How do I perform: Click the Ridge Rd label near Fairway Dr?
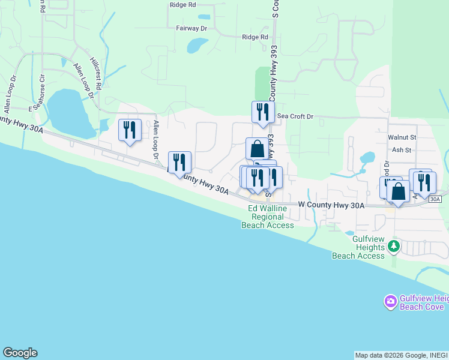click(x=255, y=37)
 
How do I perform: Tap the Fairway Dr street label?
click(x=191, y=28)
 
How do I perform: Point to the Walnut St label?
click(x=402, y=137)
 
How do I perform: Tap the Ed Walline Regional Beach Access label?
click(x=268, y=217)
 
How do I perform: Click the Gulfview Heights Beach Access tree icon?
click(x=394, y=245)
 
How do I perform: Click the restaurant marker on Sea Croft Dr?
click(x=262, y=112)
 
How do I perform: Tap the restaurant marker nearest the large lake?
click(x=130, y=130)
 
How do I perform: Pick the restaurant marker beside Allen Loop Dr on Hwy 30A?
click(x=179, y=163)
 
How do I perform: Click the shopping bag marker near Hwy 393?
click(x=257, y=148)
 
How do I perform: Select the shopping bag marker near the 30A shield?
click(x=398, y=191)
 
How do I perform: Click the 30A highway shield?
click(x=435, y=199)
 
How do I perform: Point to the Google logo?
click(x=20, y=353)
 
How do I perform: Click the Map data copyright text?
click(x=401, y=355)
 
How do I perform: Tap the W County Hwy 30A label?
click(x=331, y=206)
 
